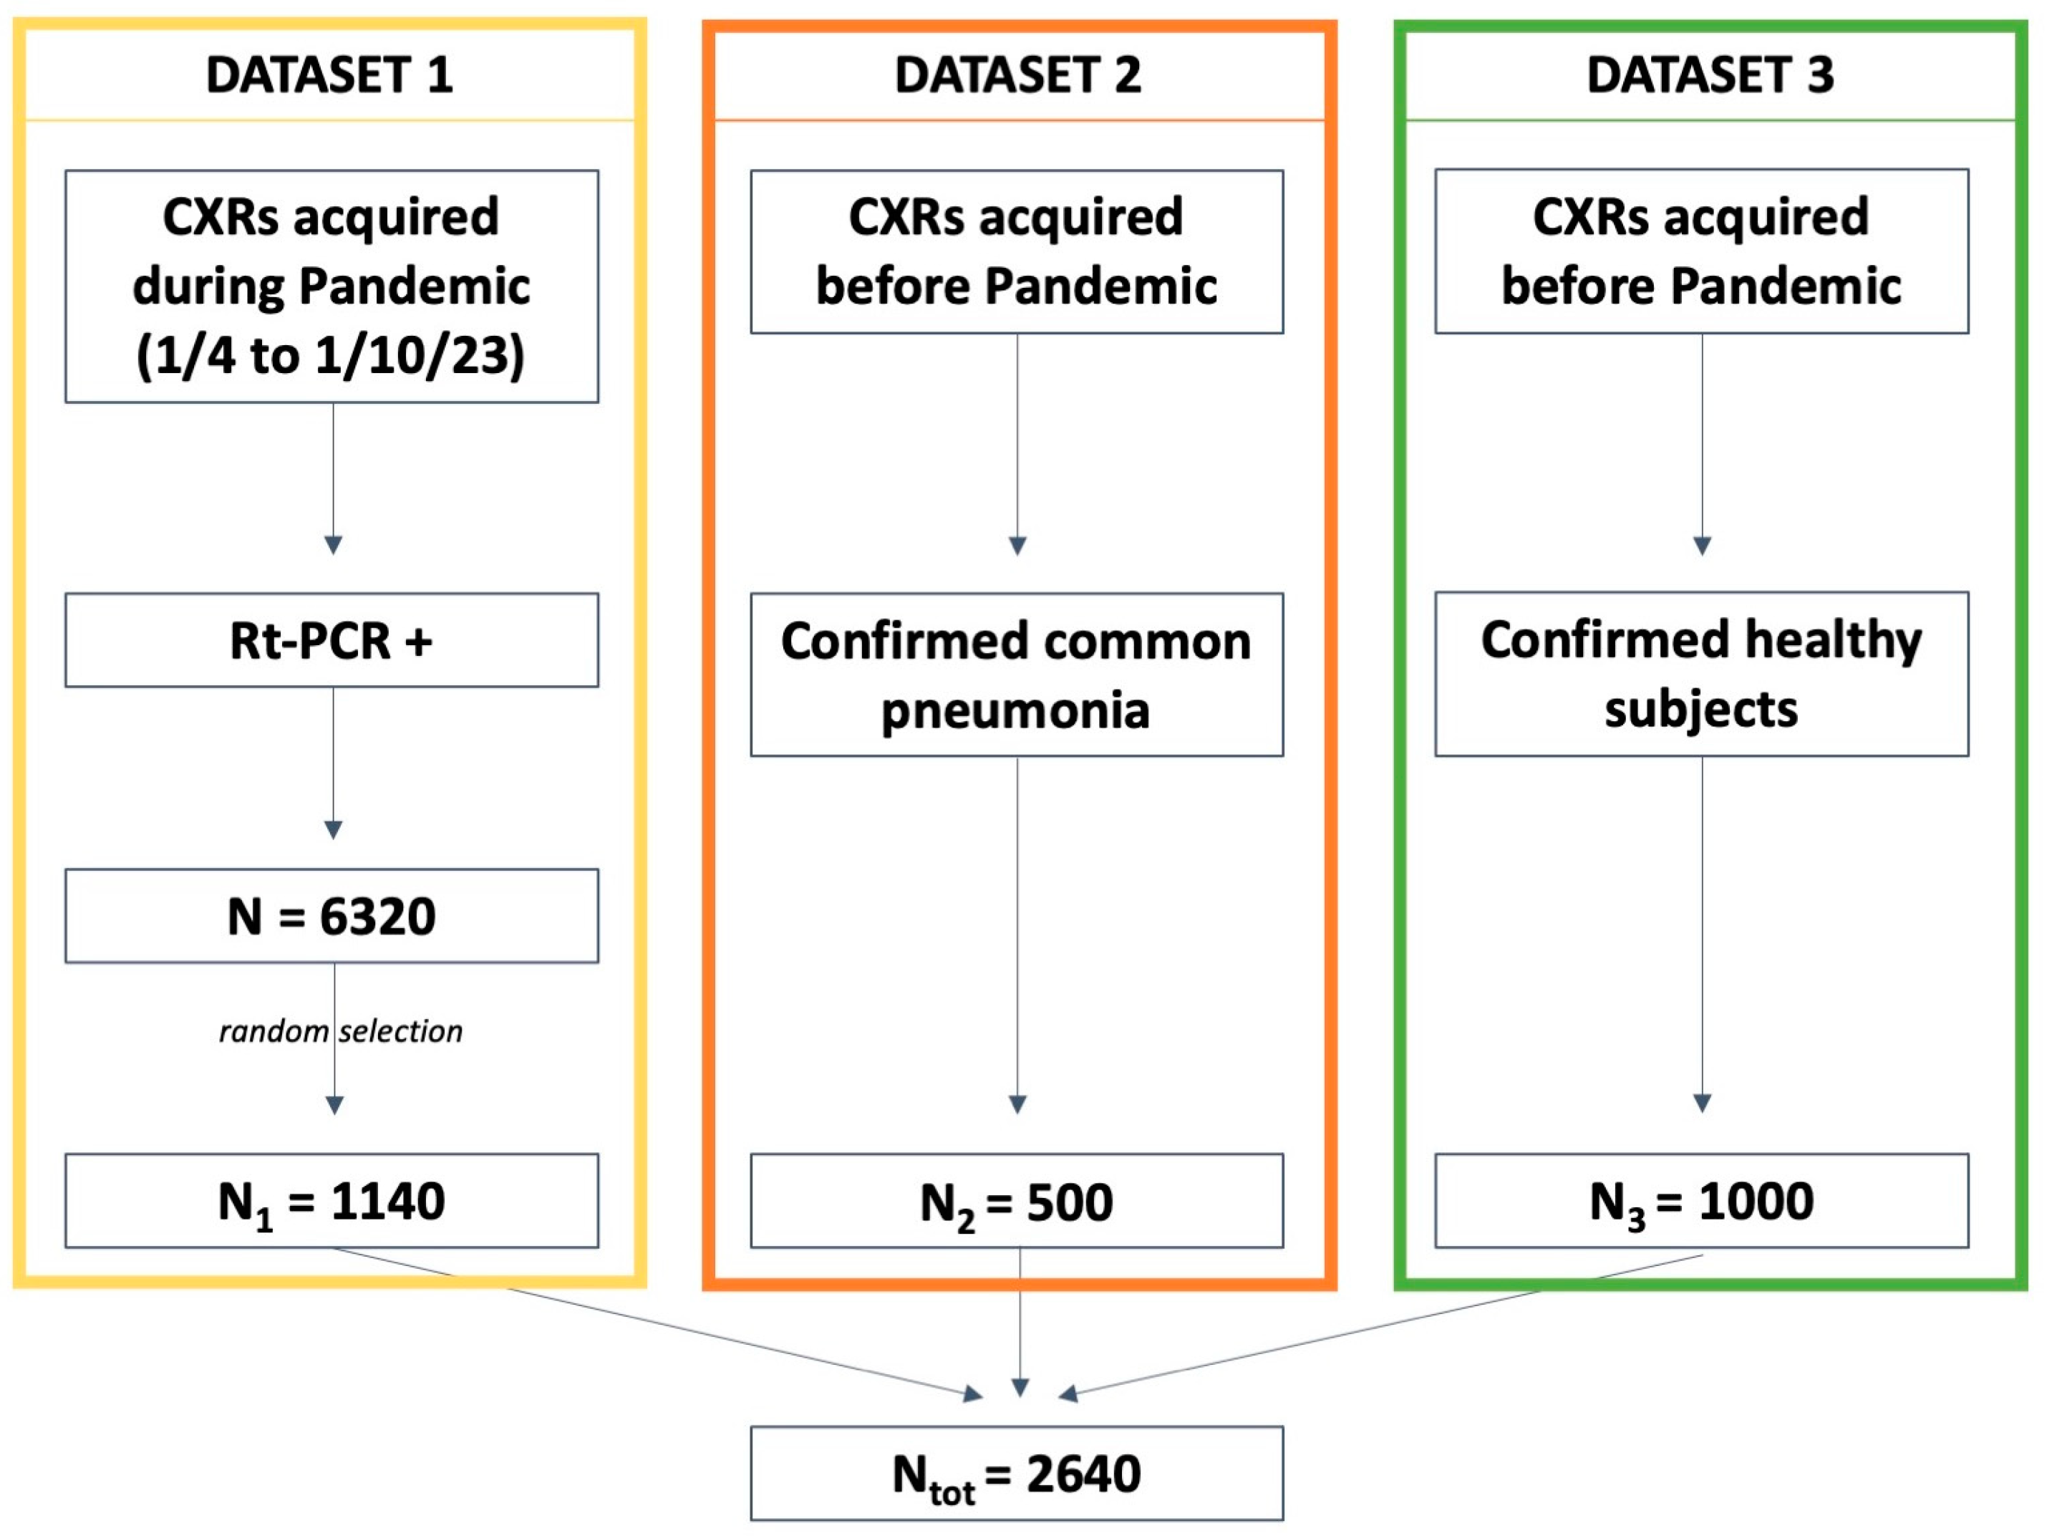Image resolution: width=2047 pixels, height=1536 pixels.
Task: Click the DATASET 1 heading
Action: coord(329,75)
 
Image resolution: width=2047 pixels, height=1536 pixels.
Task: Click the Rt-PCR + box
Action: coord(332,640)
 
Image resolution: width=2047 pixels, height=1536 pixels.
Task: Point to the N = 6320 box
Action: coord(332,916)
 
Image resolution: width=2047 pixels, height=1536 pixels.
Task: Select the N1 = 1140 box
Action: coord(332,1201)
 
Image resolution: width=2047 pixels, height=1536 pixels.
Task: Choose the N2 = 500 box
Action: coord(1016,1201)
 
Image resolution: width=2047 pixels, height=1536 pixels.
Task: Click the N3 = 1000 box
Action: coord(1701,1201)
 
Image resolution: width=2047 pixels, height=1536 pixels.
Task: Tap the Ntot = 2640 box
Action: coord(1016,1474)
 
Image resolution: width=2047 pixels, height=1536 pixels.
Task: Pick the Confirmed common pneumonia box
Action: coord(1016,675)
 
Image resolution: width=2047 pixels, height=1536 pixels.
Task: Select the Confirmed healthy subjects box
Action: coord(1701,675)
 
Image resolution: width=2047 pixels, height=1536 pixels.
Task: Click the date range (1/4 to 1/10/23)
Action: coord(330,355)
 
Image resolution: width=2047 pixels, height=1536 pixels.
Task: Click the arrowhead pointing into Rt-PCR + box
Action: coord(333,544)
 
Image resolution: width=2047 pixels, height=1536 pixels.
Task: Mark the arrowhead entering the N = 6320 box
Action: coord(333,829)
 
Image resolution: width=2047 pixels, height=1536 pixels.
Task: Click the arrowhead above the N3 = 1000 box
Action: coord(1702,1103)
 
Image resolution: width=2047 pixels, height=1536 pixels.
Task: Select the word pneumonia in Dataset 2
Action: coord(1015,710)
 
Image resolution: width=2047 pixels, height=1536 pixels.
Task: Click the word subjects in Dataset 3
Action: coord(1701,710)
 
